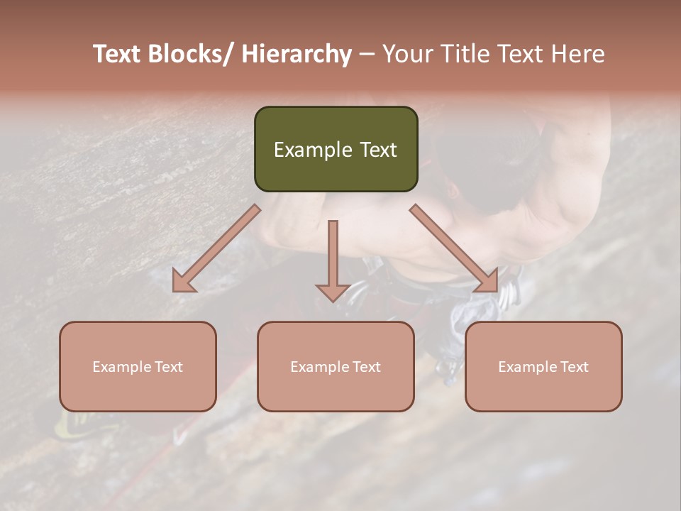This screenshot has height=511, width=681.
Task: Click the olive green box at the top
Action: point(336,149)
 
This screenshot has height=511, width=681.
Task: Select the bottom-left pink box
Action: point(138,366)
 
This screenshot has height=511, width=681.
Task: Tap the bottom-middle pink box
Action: point(336,366)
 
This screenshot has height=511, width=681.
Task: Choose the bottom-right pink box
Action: point(543,366)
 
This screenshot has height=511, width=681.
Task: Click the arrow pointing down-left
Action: point(216,249)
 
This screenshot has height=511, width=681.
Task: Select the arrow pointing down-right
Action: point(454,248)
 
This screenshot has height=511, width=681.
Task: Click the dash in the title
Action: point(366,54)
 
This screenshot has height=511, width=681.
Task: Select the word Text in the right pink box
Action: point(574,367)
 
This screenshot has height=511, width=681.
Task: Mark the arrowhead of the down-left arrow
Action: point(183,282)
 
